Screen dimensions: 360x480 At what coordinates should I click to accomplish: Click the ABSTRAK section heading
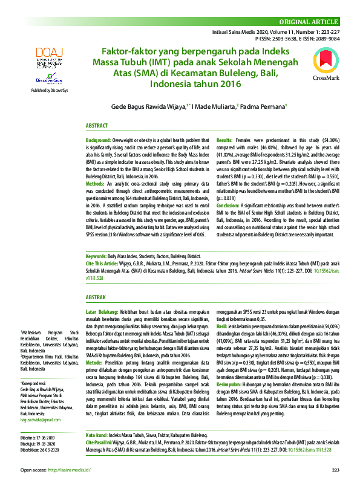click(96, 297)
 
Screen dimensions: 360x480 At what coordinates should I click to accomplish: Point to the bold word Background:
click(99, 139)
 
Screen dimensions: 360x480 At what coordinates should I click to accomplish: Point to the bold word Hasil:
click(223, 325)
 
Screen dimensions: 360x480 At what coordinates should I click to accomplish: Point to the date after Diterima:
click(47, 418)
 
